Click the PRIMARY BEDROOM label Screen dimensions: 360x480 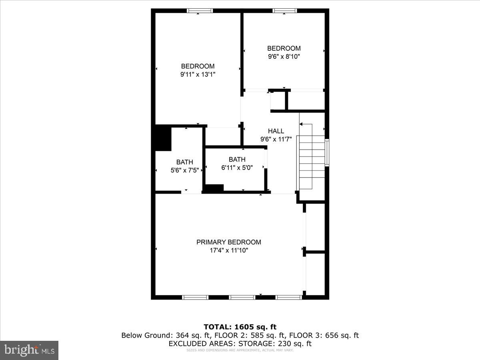tap(228, 242)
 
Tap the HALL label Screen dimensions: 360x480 tap(276, 131)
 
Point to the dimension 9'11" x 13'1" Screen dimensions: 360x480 tap(198, 74)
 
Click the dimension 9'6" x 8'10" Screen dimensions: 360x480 tap(284, 57)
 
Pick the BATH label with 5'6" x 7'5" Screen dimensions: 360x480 tap(184, 162)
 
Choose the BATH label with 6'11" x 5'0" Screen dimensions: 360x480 tap(237, 159)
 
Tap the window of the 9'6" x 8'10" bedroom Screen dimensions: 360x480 tap(284, 11)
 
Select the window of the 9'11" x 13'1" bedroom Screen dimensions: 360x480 tap(200, 11)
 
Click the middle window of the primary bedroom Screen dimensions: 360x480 tap(242, 297)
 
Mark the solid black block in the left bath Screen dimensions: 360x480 tap(163, 138)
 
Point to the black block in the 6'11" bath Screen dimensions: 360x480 tap(214, 188)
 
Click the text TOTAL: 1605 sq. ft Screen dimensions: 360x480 tap(240, 327)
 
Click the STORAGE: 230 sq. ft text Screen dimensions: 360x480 tap(275, 344)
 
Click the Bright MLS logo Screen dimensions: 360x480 tap(29, 350)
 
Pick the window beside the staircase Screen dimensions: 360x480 tap(327, 153)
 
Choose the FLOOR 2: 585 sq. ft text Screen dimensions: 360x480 tap(244, 335)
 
